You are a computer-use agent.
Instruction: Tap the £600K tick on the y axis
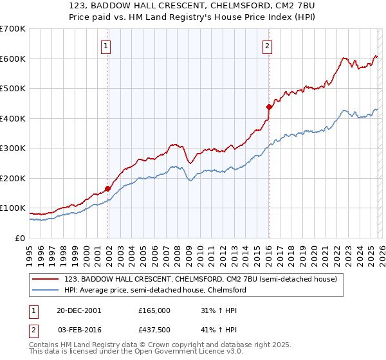point(13,59)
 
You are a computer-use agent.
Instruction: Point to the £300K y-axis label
point(13,148)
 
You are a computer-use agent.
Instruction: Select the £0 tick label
point(19,238)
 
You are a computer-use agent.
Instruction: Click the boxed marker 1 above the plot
point(105,46)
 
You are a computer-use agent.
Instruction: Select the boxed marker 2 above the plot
point(266,46)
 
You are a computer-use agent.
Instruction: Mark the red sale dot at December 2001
point(108,188)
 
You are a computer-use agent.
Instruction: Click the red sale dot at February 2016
point(269,107)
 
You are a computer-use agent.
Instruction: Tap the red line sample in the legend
point(46,279)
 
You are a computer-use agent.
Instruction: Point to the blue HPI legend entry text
point(155,290)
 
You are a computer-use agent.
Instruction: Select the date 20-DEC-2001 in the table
point(78,310)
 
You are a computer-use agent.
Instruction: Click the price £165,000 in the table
point(154,310)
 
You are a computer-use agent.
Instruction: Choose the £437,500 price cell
point(154,330)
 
